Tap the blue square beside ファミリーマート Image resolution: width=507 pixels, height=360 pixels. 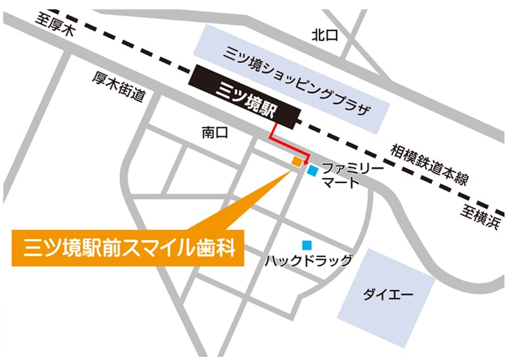click(312, 170)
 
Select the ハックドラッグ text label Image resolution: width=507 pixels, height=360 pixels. click(308, 260)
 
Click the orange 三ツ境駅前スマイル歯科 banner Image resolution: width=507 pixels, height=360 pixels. click(127, 248)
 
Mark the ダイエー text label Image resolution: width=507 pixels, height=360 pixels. click(388, 295)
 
